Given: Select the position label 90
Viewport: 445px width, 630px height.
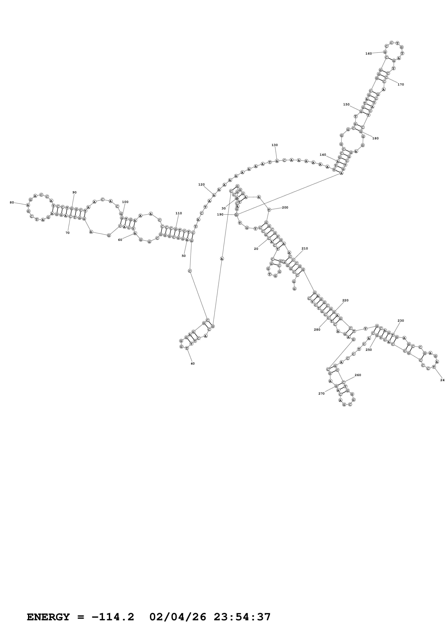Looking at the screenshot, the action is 74,192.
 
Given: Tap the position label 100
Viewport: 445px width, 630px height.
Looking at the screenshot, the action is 125,202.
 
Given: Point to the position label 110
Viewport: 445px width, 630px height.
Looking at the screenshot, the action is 178,213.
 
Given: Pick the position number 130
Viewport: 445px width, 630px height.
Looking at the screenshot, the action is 274,145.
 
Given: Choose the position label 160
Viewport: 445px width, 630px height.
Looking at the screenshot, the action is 369,54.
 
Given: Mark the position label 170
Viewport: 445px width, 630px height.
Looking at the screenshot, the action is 401,85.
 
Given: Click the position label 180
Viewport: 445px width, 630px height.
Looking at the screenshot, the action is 375,138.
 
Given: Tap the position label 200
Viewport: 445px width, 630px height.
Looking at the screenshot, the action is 285,207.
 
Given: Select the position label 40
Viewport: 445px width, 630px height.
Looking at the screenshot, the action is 192,363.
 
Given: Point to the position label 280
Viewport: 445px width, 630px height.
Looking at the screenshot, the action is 317,330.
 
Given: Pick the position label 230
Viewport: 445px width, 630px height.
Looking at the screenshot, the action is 401,321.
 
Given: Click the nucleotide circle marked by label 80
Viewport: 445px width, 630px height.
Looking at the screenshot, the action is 28,205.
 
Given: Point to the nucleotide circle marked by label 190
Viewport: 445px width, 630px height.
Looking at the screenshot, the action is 237,215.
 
